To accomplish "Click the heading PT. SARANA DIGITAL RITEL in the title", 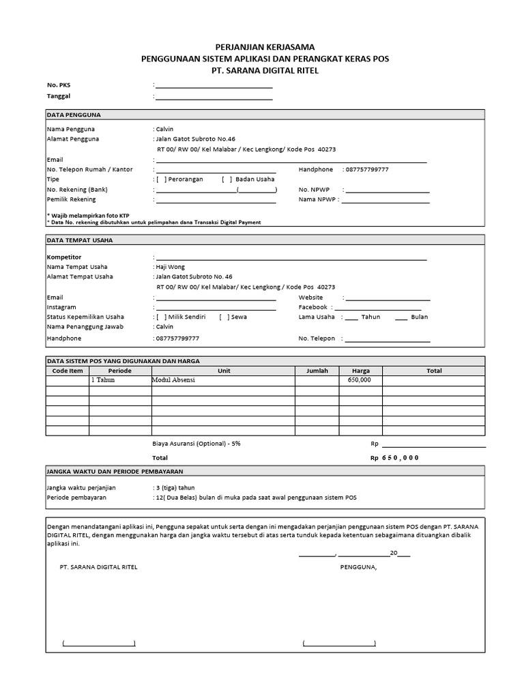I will click(265, 70).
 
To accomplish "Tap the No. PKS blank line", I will click(214, 87).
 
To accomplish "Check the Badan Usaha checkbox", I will click(227, 179).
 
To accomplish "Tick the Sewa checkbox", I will click(224, 317).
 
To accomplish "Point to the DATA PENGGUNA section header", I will click(74, 115).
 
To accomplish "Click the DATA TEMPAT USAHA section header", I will click(80, 240).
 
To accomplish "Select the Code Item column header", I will click(68, 371).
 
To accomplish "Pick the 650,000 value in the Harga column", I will click(360, 380).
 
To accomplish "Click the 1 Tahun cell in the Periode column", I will click(103, 380).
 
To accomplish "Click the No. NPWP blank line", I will click(387, 190).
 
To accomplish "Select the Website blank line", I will click(388, 298).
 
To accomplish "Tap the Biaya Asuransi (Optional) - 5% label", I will click(196, 443).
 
